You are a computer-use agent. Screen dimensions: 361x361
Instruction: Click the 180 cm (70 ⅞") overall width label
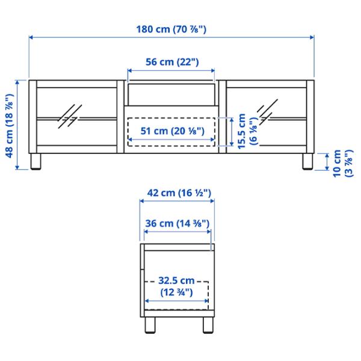[171, 29]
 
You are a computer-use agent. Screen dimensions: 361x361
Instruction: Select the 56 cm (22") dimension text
[172, 62]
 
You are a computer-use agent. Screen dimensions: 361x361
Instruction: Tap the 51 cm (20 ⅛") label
[173, 131]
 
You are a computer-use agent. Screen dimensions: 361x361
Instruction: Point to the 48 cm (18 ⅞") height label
[10, 126]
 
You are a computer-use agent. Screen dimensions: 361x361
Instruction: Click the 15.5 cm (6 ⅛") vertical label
[247, 131]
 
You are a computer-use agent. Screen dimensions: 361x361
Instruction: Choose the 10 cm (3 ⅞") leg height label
[343, 163]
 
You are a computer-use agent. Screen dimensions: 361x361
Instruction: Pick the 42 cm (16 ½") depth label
[179, 193]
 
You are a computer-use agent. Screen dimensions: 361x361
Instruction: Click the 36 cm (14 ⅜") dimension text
[177, 223]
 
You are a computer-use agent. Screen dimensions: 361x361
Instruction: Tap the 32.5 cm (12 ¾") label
[176, 286]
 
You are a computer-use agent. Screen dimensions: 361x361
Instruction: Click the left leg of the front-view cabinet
[36, 162]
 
